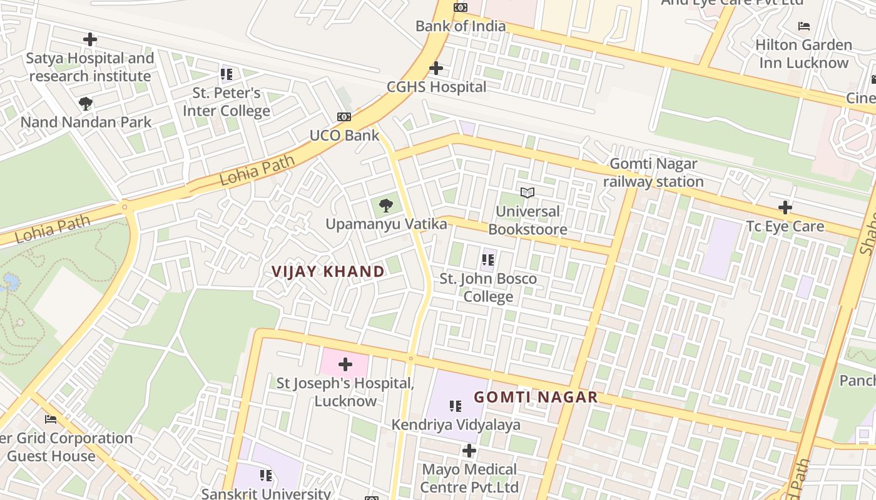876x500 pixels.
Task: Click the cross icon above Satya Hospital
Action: point(90,39)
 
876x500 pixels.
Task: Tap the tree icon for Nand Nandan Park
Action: point(86,103)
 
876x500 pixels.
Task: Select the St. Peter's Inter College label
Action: point(227,102)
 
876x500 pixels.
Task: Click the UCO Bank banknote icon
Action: point(344,117)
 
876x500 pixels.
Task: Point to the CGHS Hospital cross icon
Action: point(436,68)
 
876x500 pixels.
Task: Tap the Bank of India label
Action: point(461,26)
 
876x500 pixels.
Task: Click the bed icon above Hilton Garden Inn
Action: point(804,26)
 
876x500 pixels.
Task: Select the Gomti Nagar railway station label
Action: point(653,172)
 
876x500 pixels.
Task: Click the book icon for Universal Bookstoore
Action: point(527,192)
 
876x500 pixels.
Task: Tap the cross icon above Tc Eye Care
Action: point(785,207)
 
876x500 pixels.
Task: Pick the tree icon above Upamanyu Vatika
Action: point(386,204)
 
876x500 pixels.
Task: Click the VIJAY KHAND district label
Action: point(328,271)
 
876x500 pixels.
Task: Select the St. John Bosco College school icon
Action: point(488,260)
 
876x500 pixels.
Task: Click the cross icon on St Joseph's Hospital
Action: point(345,364)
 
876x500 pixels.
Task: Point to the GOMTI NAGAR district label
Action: point(536,397)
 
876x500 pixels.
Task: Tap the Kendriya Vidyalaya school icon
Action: point(456,406)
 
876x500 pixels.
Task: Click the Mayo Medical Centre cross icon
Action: point(469,451)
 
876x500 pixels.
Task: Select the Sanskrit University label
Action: point(266,493)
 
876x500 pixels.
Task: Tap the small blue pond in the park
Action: point(10,283)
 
